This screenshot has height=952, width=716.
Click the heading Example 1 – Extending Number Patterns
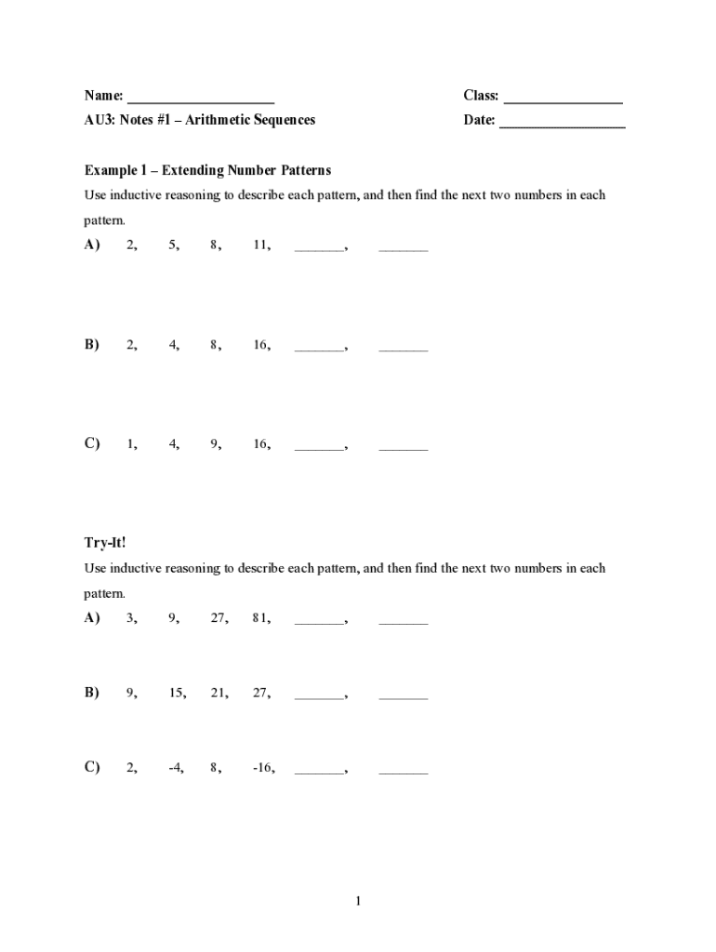click(207, 171)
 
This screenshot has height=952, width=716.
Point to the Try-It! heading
click(105, 543)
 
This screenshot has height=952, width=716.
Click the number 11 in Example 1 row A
click(260, 245)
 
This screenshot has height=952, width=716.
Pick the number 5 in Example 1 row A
click(173, 245)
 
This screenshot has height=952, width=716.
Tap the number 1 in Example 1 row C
click(131, 444)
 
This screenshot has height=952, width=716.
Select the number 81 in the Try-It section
click(260, 617)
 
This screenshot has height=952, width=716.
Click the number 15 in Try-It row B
click(176, 693)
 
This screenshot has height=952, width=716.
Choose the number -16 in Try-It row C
click(262, 768)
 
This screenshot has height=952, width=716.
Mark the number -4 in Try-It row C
click(176, 768)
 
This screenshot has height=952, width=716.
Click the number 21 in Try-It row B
click(219, 693)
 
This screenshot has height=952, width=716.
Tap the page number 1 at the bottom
click(358, 901)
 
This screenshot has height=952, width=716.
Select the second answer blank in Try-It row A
click(404, 621)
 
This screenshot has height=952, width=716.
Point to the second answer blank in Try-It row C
click(404, 772)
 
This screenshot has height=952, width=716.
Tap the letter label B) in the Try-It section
click(92, 693)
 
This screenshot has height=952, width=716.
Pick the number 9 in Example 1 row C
click(215, 444)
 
